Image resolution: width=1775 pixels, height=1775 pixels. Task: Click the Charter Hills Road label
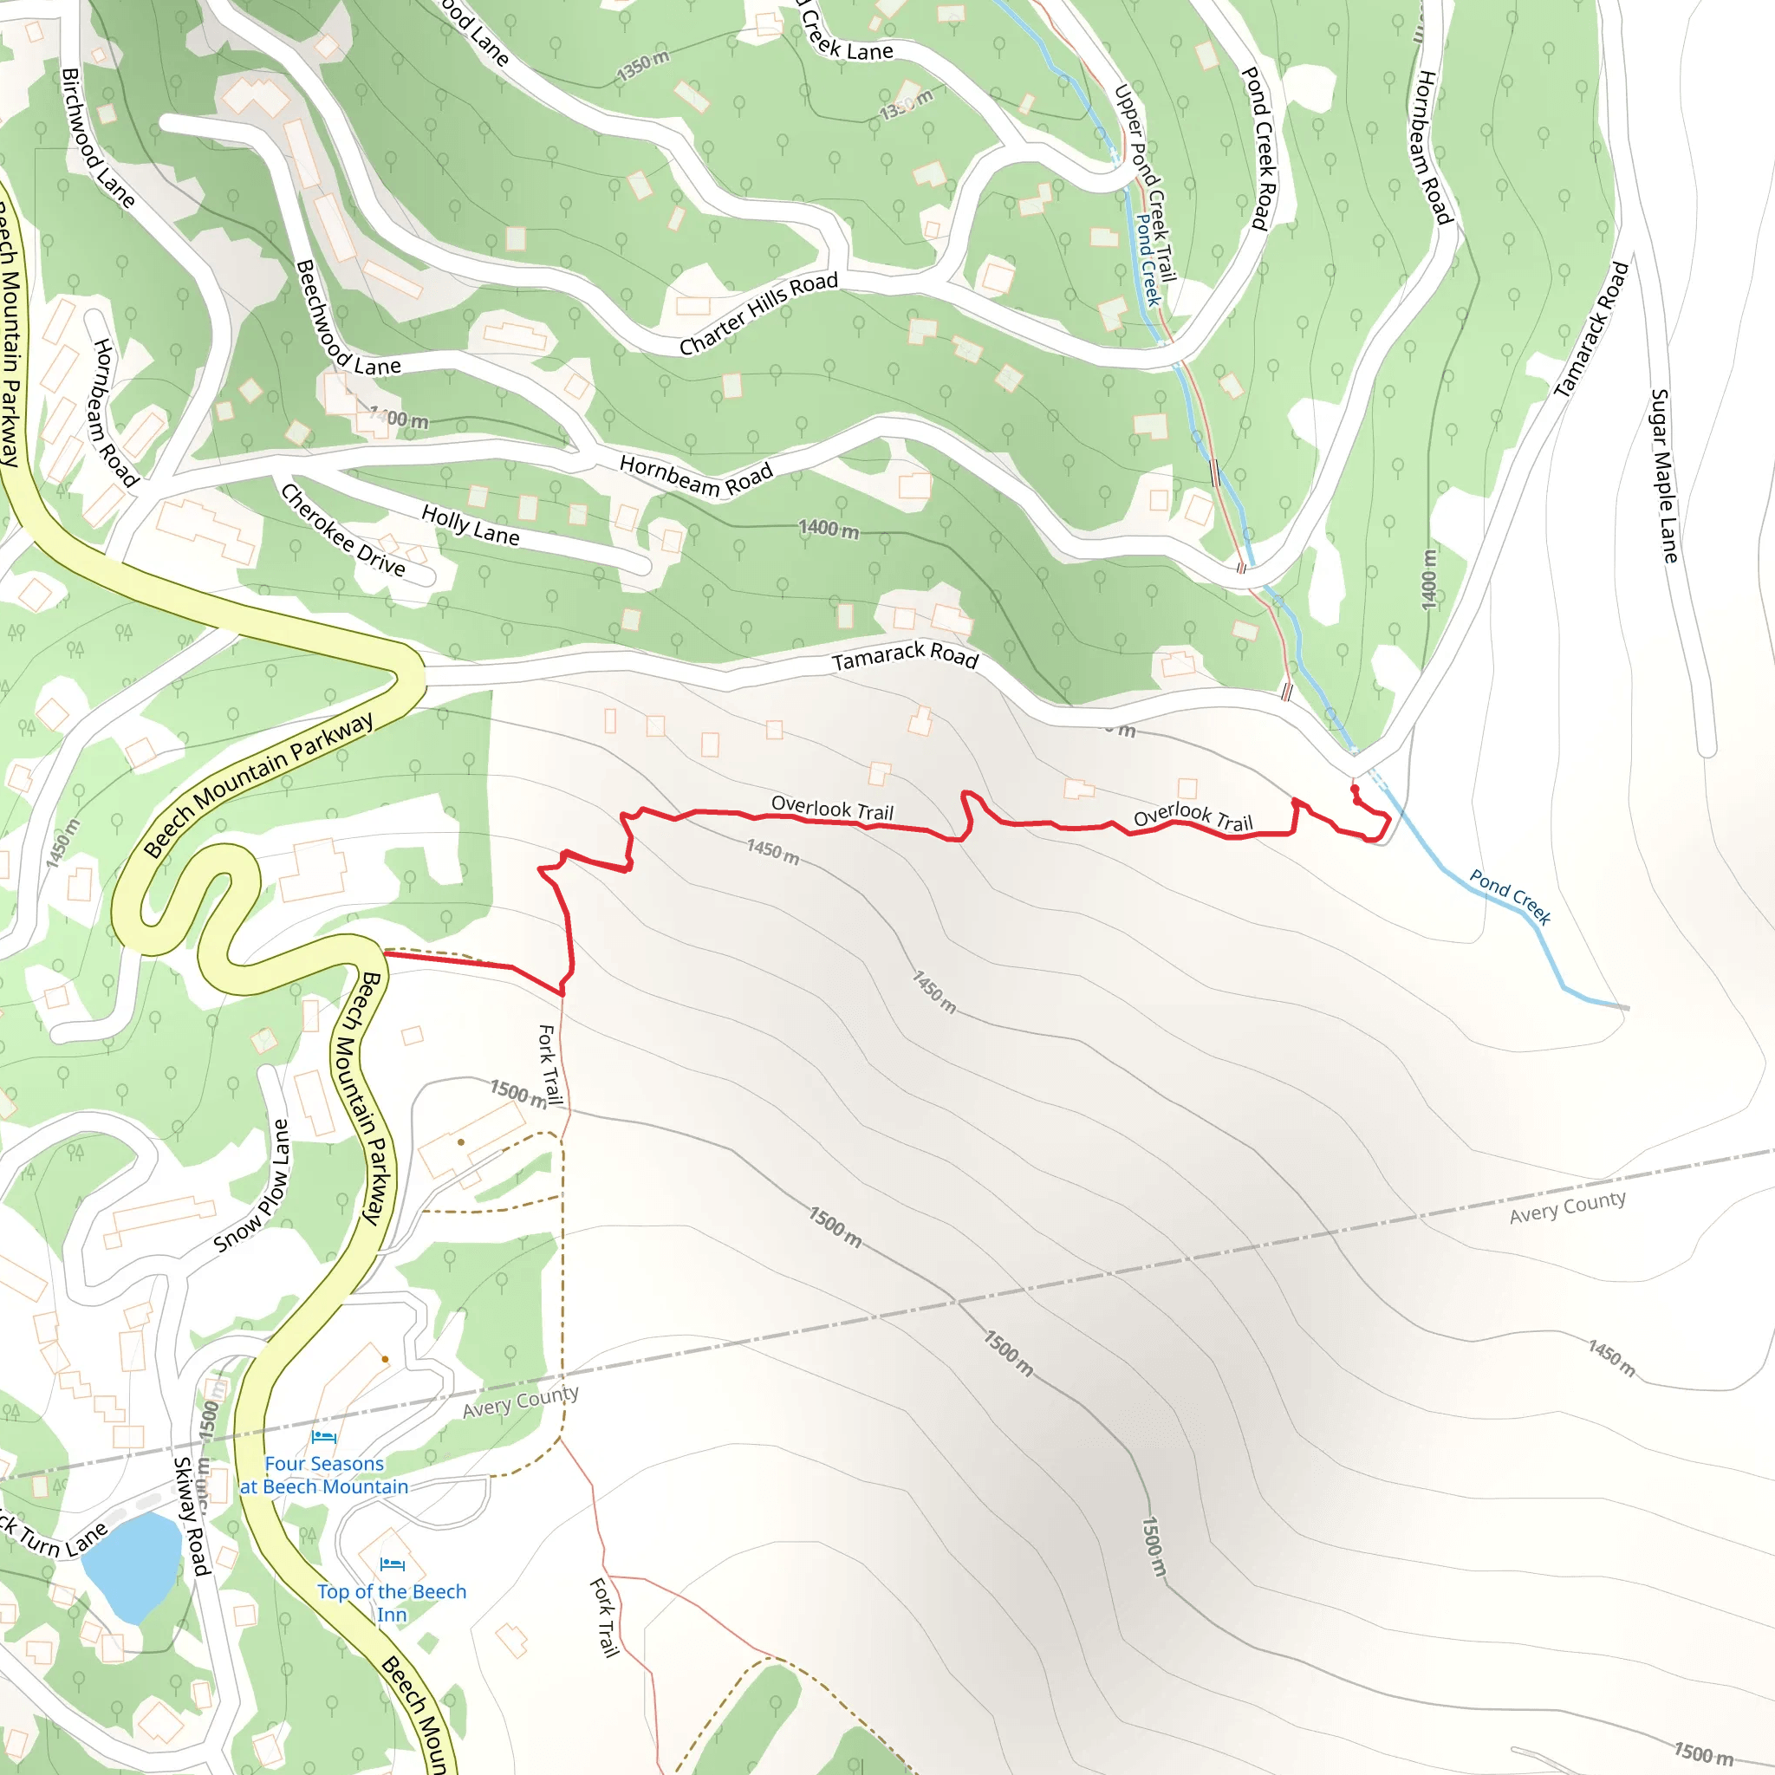[759, 313]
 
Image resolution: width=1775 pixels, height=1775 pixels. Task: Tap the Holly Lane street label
[471, 524]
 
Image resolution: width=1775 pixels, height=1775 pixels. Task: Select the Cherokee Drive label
[342, 530]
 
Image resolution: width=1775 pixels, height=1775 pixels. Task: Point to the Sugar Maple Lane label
[1664, 476]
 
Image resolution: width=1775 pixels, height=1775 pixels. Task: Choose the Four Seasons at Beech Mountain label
[324, 1474]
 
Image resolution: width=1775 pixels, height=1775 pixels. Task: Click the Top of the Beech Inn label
[392, 1603]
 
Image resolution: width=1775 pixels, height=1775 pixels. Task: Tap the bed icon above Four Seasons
[323, 1437]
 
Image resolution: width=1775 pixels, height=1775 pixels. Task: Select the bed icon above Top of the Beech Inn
[393, 1564]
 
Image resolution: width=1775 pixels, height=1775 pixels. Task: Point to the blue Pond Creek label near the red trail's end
[1510, 896]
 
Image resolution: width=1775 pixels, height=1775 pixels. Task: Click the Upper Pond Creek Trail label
[1145, 184]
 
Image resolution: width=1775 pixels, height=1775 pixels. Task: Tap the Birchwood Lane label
[97, 138]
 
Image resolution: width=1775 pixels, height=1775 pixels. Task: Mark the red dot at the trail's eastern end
[1355, 790]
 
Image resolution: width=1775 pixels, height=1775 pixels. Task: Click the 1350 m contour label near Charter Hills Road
[643, 65]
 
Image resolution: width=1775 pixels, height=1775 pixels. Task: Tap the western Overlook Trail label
[831, 808]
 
